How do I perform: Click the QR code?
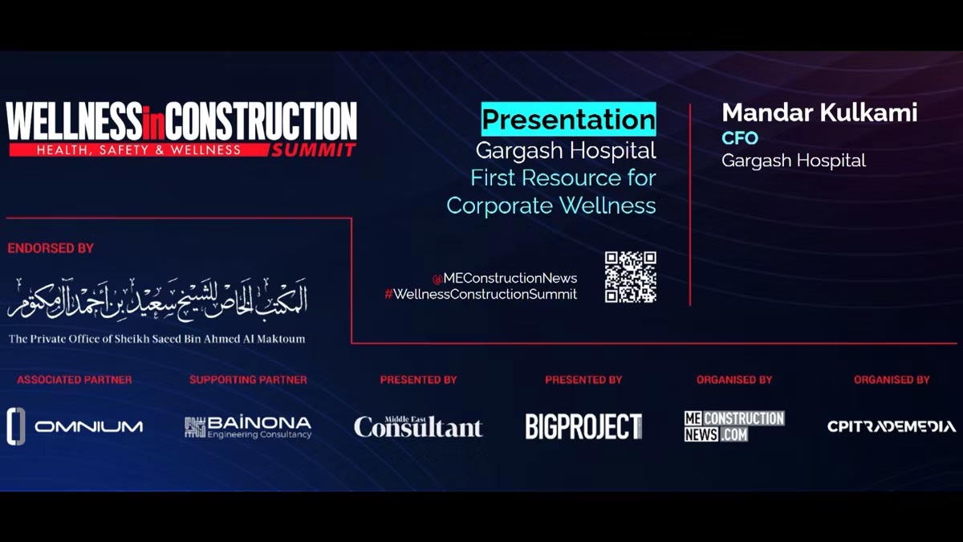point(630,277)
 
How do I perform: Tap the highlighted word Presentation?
point(568,119)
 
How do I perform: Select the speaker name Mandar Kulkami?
point(819,112)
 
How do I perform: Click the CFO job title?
point(740,138)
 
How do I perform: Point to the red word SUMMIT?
point(314,150)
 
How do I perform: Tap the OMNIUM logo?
point(75,426)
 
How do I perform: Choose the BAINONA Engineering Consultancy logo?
point(248,427)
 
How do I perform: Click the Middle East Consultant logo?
point(418,426)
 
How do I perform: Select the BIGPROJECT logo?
point(584,426)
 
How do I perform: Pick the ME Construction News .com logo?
point(734,426)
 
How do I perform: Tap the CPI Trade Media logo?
point(892,426)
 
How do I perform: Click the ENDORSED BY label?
point(51,248)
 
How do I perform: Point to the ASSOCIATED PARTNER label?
point(75,380)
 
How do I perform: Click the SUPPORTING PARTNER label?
point(248,380)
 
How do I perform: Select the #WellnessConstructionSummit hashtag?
point(481,294)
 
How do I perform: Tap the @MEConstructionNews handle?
point(505,279)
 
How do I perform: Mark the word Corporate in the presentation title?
point(499,206)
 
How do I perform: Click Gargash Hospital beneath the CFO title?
point(794,161)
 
